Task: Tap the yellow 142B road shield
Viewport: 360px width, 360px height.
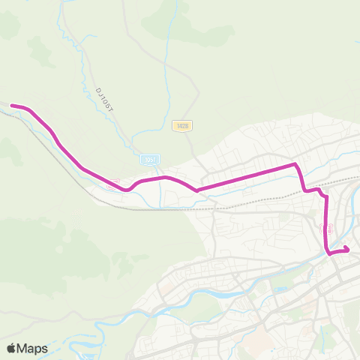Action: click(181, 126)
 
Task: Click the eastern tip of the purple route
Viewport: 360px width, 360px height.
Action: click(349, 250)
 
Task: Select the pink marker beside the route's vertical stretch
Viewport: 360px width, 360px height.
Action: click(331, 226)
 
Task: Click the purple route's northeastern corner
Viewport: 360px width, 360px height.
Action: click(295, 164)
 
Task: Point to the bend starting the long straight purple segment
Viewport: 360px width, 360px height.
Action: click(196, 190)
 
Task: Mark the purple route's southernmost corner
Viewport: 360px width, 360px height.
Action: click(329, 253)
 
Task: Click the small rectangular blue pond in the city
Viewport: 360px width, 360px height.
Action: click(280, 289)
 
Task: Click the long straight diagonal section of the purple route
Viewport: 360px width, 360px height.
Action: click(247, 177)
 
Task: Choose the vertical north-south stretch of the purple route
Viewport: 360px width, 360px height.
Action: click(327, 225)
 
